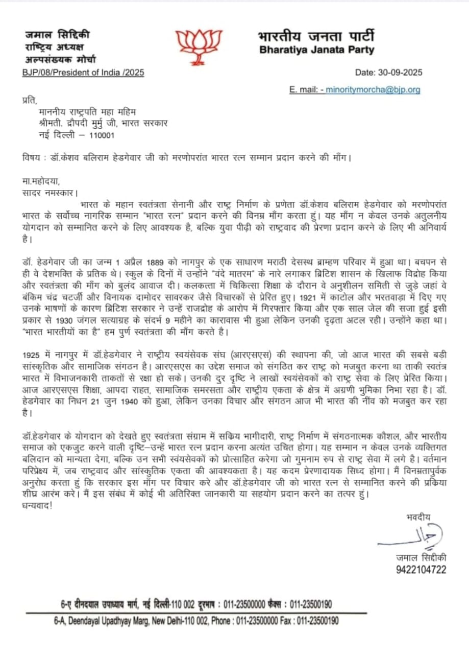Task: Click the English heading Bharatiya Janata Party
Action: [316, 50]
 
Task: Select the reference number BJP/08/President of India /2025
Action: [83, 73]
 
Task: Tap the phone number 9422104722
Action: [421, 569]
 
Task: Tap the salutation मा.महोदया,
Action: [45, 181]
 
